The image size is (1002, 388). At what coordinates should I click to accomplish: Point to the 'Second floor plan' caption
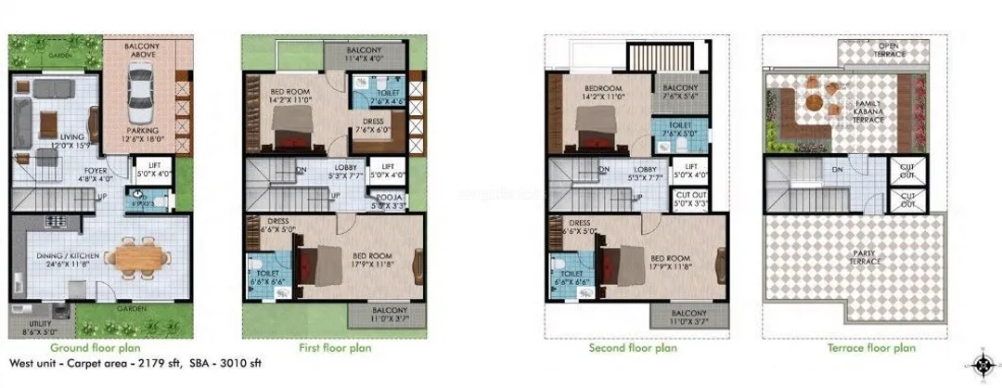633,348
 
